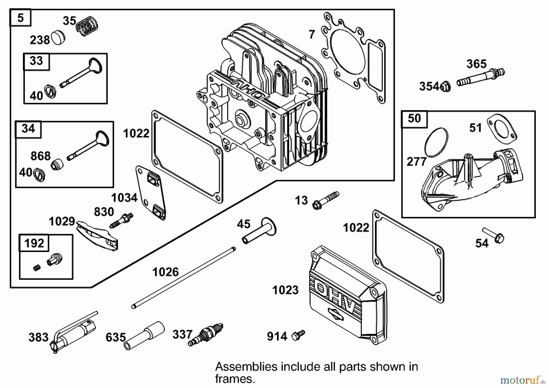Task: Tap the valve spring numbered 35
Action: click(x=87, y=26)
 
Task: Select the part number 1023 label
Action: click(x=285, y=290)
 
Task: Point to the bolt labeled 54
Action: click(x=494, y=235)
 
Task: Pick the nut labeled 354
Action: click(x=445, y=87)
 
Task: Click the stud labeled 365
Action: click(x=480, y=77)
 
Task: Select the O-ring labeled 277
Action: click(x=436, y=142)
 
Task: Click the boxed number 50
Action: click(x=414, y=118)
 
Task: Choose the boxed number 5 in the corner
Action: click(x=20, y=18)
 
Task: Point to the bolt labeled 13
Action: click(x=326, y=200)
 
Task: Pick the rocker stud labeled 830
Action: click(x=122, y=221)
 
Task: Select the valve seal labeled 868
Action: click(x=57, y=164)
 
